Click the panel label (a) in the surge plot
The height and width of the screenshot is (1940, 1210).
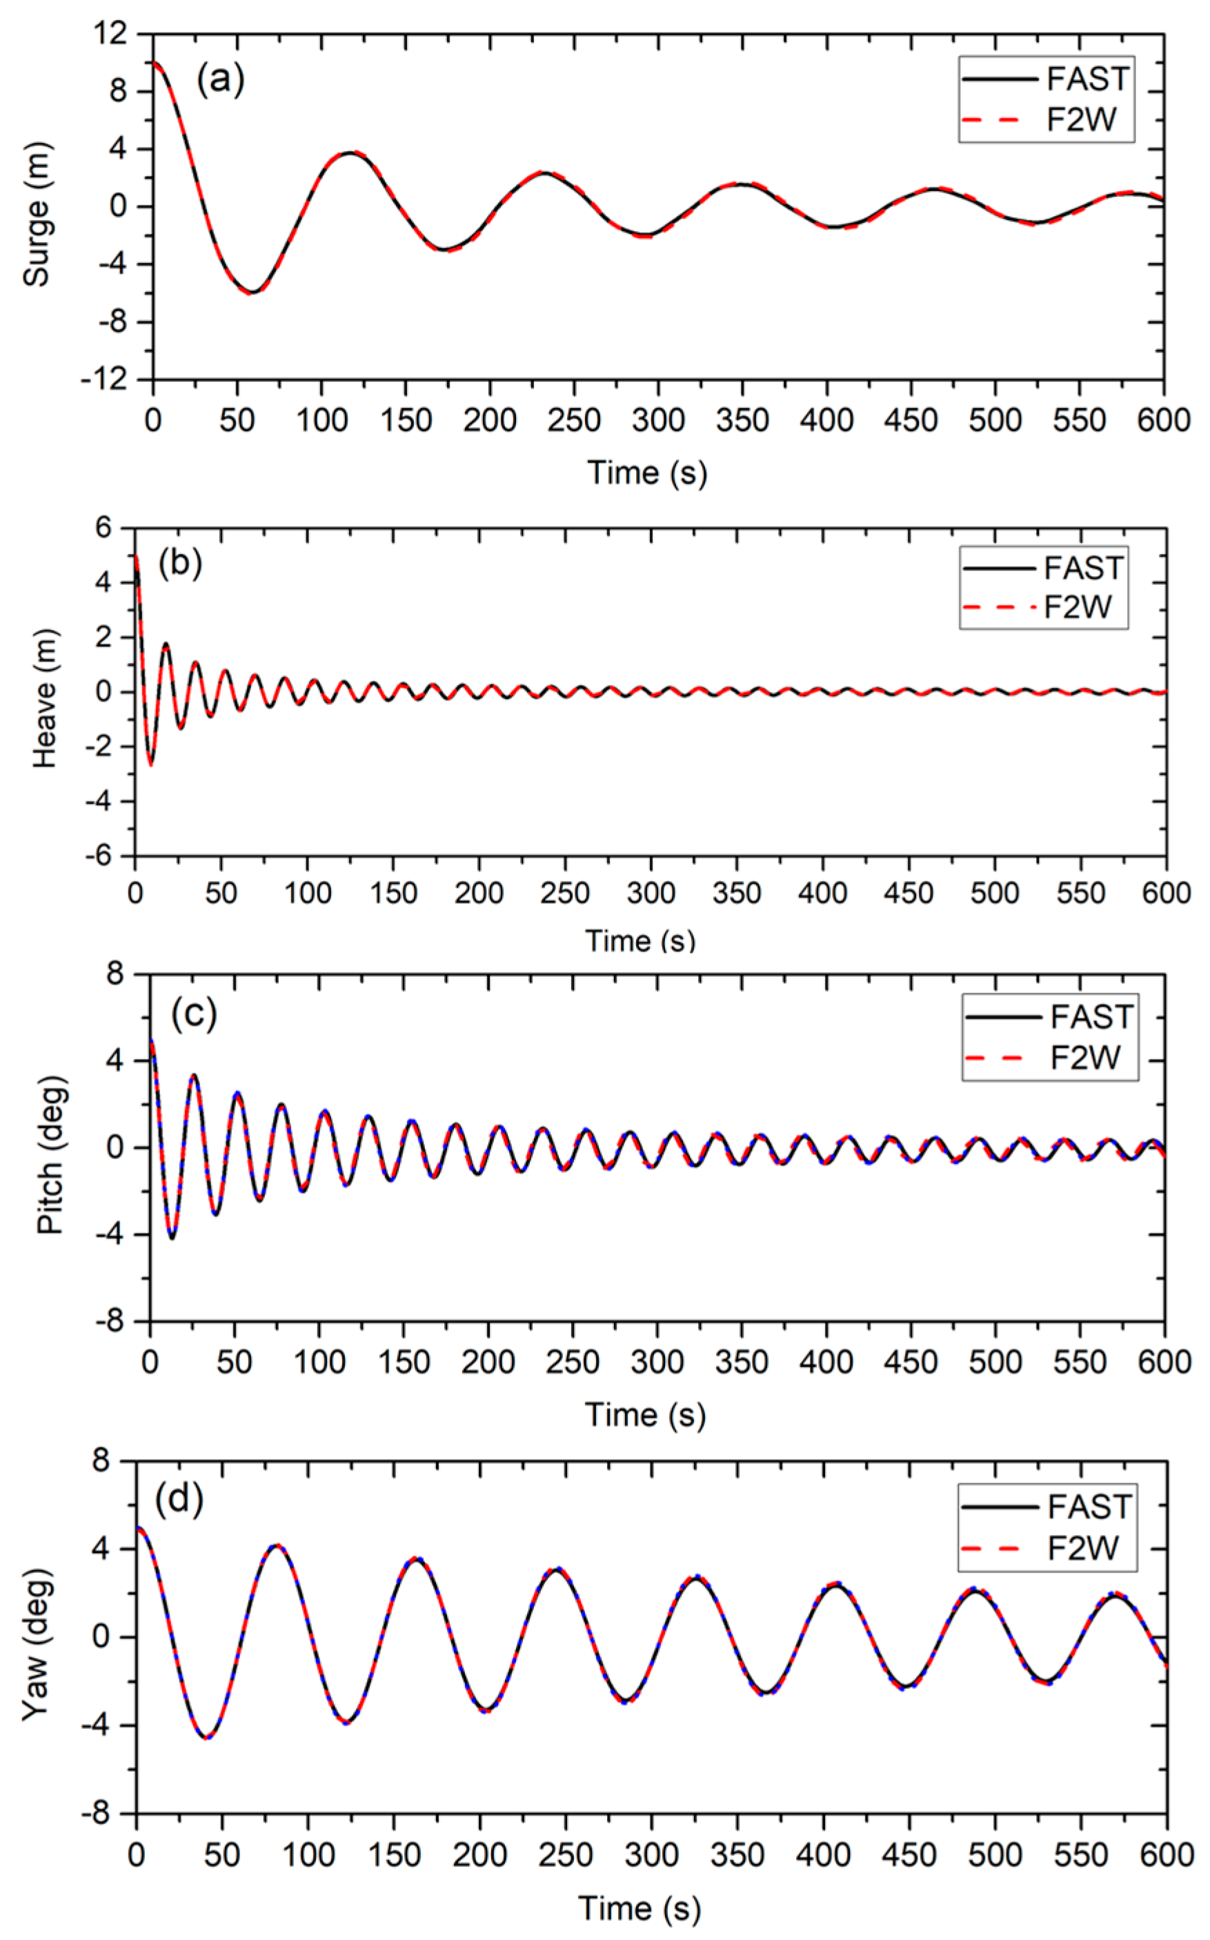[220, 79]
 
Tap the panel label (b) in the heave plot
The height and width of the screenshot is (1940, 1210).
[180, 564]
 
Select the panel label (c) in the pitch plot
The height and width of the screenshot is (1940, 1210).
[194, 1014]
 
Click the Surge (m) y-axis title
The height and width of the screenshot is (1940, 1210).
[37, 214]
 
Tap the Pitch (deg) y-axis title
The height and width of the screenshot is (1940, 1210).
[51, 1155]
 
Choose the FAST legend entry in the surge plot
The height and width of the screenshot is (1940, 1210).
[1046, 79]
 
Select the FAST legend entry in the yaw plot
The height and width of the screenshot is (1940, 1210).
[1047, 1507]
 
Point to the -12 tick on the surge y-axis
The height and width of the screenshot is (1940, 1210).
[104, 379]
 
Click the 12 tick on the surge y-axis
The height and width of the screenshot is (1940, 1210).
[110, 34]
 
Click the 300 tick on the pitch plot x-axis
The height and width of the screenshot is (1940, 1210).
[657, 1361]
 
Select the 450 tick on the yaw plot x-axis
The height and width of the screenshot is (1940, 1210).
[909, 1854]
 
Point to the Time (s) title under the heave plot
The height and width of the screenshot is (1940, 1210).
[640, 940]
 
